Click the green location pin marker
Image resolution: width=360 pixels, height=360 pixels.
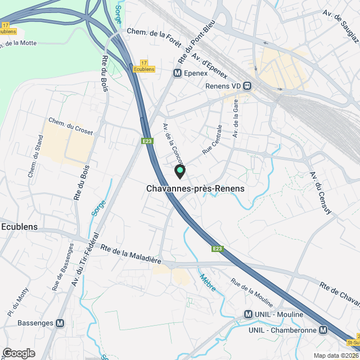point(180,171)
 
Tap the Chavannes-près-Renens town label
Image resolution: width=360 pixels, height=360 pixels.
point(195,189)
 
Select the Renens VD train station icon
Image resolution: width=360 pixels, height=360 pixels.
point(247,86)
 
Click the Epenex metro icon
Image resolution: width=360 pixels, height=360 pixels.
point(177,73)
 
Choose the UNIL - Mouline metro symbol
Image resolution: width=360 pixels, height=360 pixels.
point(248,314)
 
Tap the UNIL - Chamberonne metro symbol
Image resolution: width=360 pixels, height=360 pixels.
point(323,330)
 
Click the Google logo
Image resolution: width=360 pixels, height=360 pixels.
point(18,353)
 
